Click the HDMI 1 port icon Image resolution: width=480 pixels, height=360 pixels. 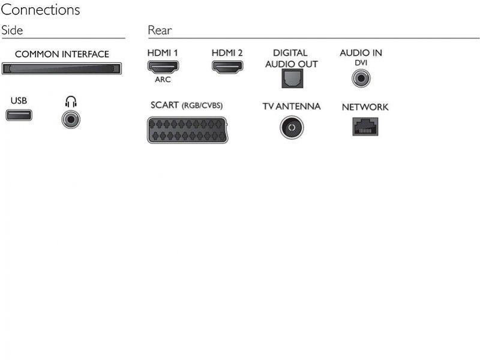point(163,67)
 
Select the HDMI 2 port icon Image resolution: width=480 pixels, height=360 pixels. point(227,67)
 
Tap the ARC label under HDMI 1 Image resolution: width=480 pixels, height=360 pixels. point(163,80)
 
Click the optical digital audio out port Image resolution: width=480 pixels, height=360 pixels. point(292,79)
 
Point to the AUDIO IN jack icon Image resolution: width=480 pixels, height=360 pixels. point(361,78)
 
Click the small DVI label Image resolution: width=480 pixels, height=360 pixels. point(361,63)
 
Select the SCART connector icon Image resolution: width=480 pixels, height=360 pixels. point(188,130)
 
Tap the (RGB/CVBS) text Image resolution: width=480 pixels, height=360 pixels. point(202,106)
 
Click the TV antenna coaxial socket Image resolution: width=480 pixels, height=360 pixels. point(292,127)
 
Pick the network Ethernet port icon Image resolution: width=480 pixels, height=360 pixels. point(365,127)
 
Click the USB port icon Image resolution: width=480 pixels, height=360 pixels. point(19,115)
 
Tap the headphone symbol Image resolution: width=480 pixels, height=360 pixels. point(71,101)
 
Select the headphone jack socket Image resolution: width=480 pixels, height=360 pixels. point(71,119)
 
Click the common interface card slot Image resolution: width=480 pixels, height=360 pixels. point(62,68)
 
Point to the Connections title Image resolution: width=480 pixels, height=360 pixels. point(40,10)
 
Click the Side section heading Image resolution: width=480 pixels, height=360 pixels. point(12,31)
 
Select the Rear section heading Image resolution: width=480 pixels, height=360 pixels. point(160,31)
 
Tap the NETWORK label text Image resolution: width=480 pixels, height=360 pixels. point(365,107)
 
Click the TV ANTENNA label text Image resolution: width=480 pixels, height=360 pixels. point(292,106)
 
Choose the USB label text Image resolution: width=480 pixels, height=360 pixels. point(19,100)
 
